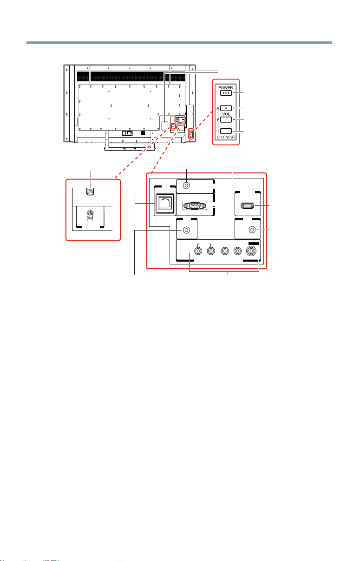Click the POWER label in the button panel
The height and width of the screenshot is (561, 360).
(226, 88)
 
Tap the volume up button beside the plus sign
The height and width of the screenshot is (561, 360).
(226, 108)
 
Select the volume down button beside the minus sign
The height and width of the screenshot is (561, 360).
(226, 119)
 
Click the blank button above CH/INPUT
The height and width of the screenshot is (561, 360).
(226, 131)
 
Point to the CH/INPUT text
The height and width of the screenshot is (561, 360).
(226, 137)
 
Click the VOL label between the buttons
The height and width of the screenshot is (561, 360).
(226, 114)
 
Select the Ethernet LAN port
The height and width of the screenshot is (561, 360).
(165, 203)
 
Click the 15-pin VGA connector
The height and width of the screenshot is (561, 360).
(195, 205)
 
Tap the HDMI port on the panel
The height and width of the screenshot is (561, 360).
(247, 206)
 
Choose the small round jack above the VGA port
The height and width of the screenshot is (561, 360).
(187, 185)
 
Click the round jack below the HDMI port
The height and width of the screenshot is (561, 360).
(252, 230)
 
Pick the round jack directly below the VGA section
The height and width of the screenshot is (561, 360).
(187, 230)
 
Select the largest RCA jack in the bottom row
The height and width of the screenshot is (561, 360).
(251, 251)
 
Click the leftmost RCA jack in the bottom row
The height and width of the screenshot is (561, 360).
(198, 251)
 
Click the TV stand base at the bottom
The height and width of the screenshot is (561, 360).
(130, 149)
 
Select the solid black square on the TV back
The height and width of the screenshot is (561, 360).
(143, 133)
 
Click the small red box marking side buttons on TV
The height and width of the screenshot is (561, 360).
(191, 134)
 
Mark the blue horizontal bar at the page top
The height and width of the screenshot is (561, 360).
(179, 43)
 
